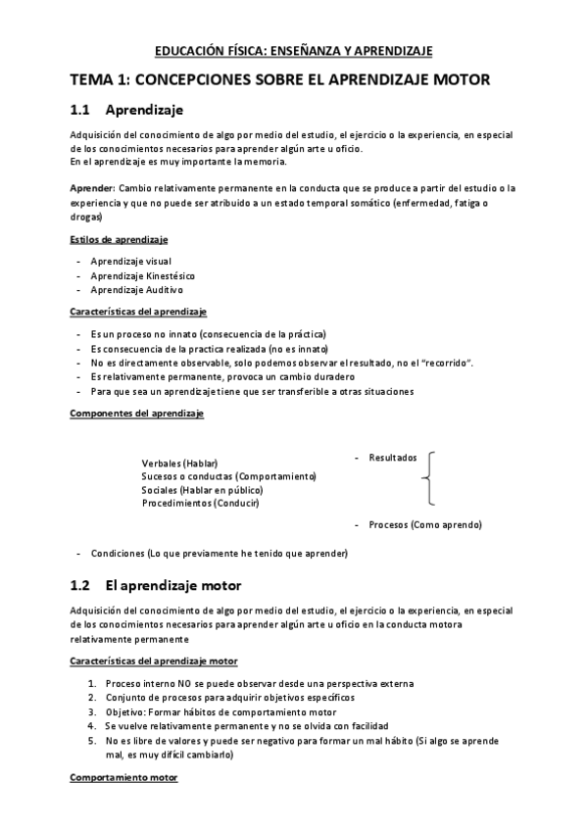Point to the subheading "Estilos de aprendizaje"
pos(119,240)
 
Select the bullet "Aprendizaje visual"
pos(130,262)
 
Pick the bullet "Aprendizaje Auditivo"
pos(136,290)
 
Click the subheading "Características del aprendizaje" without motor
pos(138,312)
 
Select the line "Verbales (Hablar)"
pos(179,463)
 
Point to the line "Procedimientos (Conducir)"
pos(200,503)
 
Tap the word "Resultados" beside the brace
pos(392,457)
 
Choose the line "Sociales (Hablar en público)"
pos(203,489)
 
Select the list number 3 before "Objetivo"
pos(91,711)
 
